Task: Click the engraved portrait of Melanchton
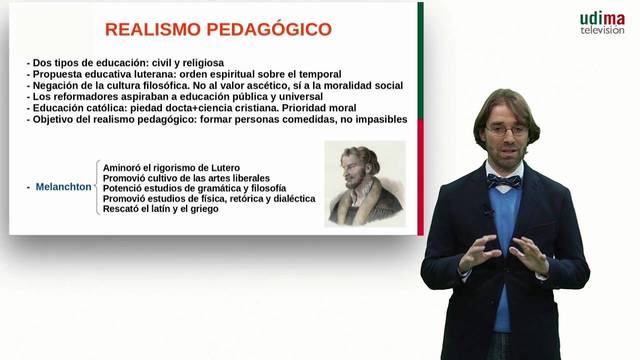pyautogui.click(x=365, y=183)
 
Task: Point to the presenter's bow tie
pyautogui.click(x=504, y=182)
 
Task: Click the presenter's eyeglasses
pyautogui.click(x=506, y=131)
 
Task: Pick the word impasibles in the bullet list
pyautogui.click(x=375, y=119)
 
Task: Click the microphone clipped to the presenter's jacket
pyautogui.click(x=490, y=210)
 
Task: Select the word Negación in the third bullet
pyautogui.click(x=52, y=86)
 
